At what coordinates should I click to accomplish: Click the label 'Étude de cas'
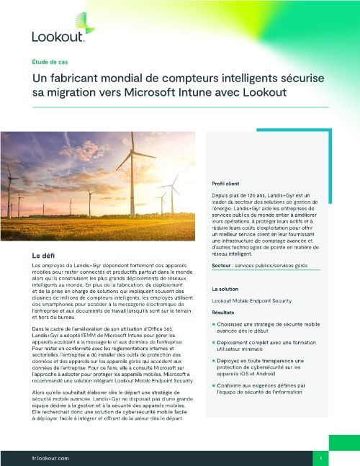tap(48, 63)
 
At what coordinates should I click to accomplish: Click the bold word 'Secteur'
tap(224, 266)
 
